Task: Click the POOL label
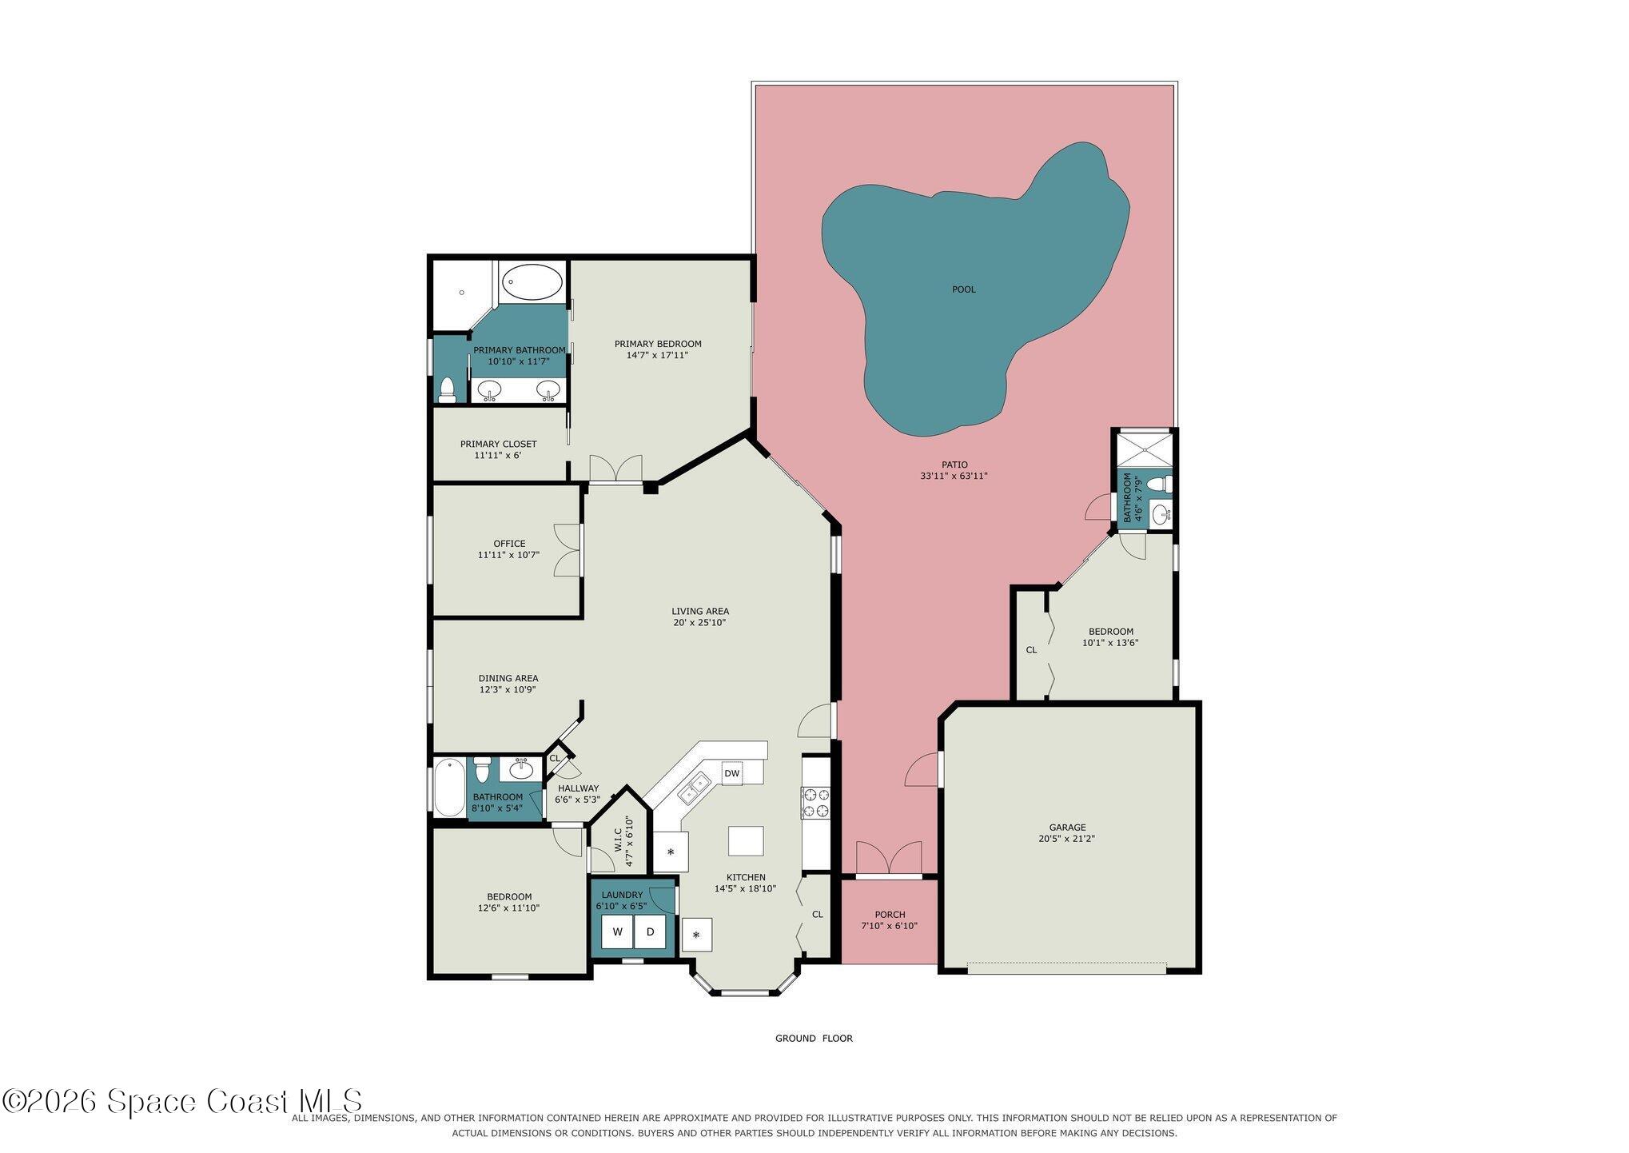point(963,289)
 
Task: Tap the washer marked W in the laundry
point(617,932)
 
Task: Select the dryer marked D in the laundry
point(650,932)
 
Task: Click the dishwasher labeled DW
point(731,773)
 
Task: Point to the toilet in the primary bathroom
point(447,389)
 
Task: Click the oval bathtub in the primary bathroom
point(532,282)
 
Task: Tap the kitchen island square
point(745,840)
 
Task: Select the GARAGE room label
point(1067,828)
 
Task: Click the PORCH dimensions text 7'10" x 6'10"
point(889,926)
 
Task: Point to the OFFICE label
point(509,544)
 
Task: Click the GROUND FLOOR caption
point(814,1039)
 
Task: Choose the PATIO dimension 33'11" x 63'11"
point(954,476)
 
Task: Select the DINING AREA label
point(508,678)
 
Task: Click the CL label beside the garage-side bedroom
point(1031,650)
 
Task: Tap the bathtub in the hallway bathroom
point(448,788)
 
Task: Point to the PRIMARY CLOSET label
point(498,444)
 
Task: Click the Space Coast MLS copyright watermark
point(182,1101)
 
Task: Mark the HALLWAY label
point(578,788)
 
